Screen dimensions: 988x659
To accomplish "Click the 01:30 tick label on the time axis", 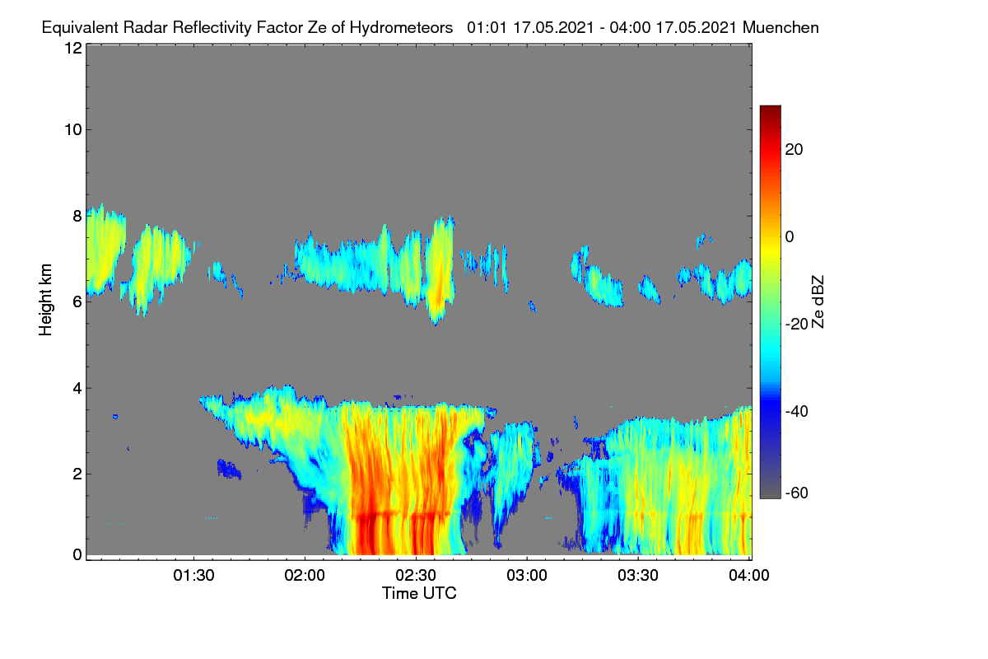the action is [x=193, y=576].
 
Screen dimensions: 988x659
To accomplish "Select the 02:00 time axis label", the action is [x=305, y=576].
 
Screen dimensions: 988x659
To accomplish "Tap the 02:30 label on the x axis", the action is [x=416, y=576].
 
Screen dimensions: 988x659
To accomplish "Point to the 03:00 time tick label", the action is [x=527, y=576].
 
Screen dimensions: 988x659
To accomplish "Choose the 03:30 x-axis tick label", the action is [x=638, y=576].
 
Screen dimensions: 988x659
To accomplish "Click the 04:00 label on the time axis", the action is [x=749, y=576].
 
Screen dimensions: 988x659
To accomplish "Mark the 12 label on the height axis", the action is [x=73, y=48].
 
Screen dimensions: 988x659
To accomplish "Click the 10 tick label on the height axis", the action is [x=73, y=130].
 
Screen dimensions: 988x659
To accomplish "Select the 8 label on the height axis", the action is [x=77, y=216].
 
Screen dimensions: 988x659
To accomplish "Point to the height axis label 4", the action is [x=77, y=389].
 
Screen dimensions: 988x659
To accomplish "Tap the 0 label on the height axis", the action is [x=77, y=555].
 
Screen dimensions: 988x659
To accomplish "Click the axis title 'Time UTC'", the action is [x=419, y=593].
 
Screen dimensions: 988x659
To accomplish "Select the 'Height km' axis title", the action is [x=45, y=300].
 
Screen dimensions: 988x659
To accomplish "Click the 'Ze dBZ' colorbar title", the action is [x=818, y=302].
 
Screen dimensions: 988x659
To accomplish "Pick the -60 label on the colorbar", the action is [x=797, y=493].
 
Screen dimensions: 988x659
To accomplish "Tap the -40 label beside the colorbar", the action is [x=797, y=411].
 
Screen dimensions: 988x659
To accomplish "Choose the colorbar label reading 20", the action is [x=795, y=150].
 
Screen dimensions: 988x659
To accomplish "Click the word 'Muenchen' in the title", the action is [x=781, y=27].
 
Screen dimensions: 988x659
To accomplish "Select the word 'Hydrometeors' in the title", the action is [x=401, y=28].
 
